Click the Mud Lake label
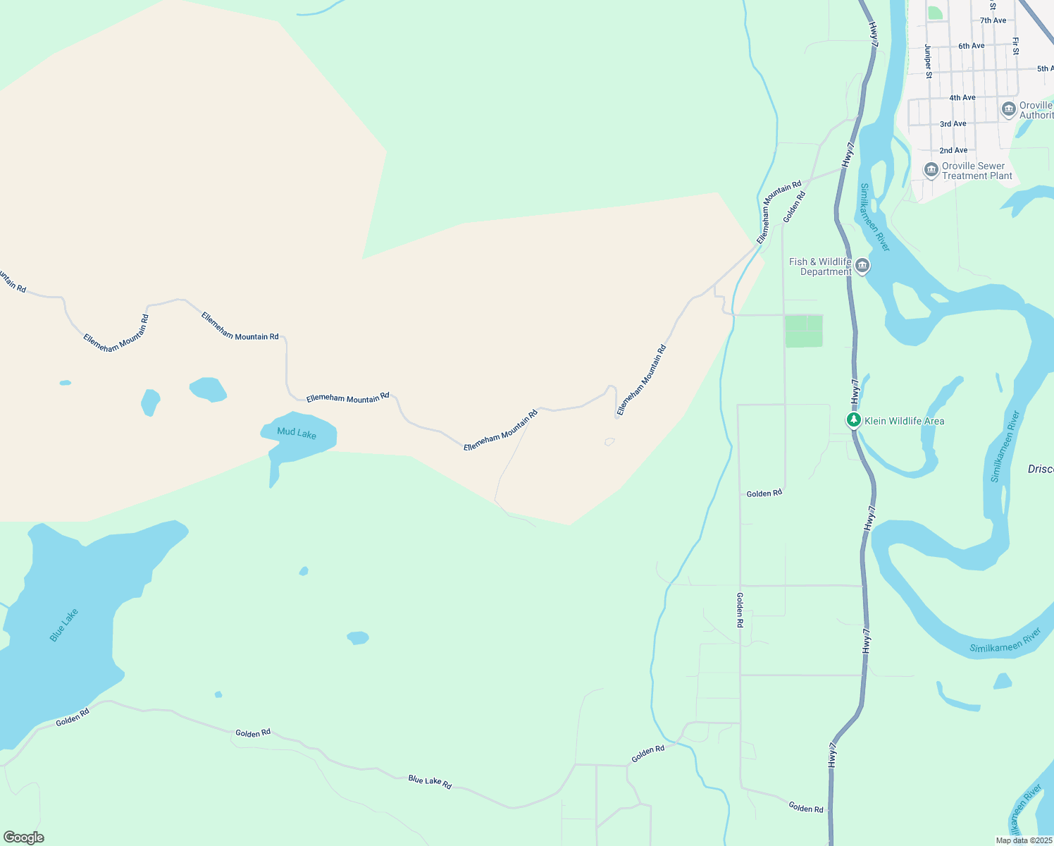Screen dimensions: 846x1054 [x=297, y=433]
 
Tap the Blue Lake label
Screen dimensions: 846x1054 [x=63, y=625]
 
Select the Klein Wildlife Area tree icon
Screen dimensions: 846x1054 [x=854, y=421]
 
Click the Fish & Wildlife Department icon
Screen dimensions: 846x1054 [x=862, y=266]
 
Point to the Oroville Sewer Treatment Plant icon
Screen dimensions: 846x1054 [x=931, y=171]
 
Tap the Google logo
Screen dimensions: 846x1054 [x=23, y=838]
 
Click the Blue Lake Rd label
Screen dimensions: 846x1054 [x=430, y=781]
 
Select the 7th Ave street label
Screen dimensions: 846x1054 [x=993, y=20]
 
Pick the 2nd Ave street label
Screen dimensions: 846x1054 [x=953, y=150]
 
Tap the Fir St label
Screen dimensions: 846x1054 [x=1015, y=47]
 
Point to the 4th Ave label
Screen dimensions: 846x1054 [x=962, y=97]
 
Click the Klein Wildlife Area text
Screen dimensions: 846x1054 [x=904, y=421]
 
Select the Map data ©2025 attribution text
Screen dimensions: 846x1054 [x=1024, y=840]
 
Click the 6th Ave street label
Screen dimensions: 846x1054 [x=971, y=46]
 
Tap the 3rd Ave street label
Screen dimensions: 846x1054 [x=953, y=124]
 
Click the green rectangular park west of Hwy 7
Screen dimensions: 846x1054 [x=804, y=331]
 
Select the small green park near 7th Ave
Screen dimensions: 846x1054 [x=935, y=13]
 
